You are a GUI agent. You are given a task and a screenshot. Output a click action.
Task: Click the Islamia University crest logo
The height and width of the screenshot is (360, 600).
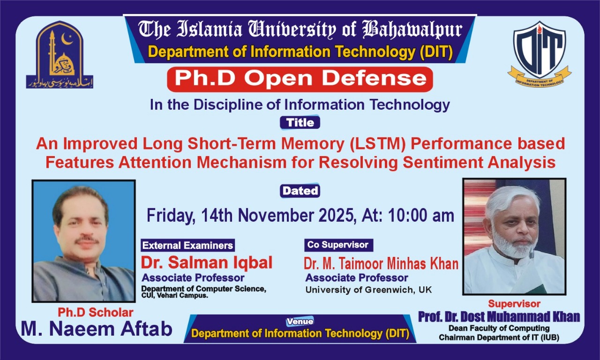pyautogui.click(x=60, y=55)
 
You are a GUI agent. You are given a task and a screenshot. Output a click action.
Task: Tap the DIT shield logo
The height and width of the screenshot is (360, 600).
pyautogui.click(x=539, y=54)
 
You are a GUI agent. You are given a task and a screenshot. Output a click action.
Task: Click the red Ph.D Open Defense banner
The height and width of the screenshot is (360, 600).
pyautogui.click(x=300, y=79)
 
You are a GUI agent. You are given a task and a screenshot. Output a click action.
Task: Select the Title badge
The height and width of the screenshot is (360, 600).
pyautogui.click(x=300, y=123)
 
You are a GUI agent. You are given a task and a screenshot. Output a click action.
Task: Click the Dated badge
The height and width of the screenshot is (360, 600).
pyautogui.click(x=300, y=191)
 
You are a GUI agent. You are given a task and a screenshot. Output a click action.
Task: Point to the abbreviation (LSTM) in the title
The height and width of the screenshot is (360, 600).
pyautogui.click(x=375, y=143)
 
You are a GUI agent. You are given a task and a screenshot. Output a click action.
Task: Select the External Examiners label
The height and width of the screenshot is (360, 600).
pyautogui.click(x=187, y=245)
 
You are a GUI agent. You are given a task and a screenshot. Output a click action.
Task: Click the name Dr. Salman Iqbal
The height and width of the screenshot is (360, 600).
pyautogui.click(x=207, y=262)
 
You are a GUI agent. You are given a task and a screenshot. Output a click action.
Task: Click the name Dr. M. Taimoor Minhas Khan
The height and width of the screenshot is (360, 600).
pyautogui.click(x=381, y=263)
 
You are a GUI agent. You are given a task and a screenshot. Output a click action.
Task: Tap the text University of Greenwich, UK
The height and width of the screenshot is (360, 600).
pyautogui.click(x=368, y=290)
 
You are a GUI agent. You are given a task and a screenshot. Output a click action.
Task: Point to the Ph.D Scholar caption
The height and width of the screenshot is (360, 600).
pyautogui.click(x=96, y=312)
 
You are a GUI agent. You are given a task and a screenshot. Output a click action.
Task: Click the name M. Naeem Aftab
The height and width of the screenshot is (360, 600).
pyautogui.click(x=97, y=329)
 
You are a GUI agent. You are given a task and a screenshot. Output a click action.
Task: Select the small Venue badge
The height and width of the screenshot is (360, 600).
pyautogui.click(x=300, y=322)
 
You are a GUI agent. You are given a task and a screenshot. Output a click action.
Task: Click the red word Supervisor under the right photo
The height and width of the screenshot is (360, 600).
pyautogui.click(x=514, y=304)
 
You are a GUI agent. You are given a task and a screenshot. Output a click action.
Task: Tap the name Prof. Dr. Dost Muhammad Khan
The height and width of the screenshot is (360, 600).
pyautogui.click(x=499, y=317)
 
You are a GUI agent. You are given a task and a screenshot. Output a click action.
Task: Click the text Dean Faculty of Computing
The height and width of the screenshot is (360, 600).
pyautogui.click(x=499, y=328)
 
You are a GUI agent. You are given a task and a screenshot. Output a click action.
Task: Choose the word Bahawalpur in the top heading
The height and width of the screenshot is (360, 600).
pyautogui.click(x=412, y=30)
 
